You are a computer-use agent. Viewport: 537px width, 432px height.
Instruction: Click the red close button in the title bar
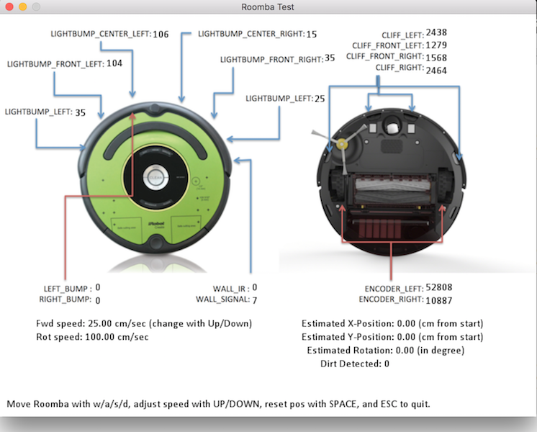[x=9, y=6]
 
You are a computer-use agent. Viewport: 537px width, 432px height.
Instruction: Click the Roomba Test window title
[x=268, y=7]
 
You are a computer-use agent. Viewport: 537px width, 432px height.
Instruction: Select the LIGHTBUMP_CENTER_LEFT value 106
[x=161, y=35]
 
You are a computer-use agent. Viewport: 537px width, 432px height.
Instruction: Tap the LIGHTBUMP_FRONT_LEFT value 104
[x=114, y=64]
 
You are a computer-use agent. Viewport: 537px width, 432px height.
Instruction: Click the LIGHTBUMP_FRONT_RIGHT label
[x=271, y=58]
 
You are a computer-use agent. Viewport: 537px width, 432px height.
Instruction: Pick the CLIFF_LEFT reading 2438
[x=436, y=33]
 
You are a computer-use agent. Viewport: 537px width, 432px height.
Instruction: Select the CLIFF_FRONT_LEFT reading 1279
[x=436, y=46]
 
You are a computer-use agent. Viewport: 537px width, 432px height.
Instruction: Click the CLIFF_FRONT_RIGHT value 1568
[x=436, y=58]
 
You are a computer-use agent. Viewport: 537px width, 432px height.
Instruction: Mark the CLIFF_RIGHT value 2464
[x=436, y=71]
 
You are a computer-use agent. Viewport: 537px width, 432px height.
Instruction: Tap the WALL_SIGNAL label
[x=222, y=300]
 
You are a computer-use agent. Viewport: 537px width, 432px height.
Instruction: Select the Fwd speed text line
[x=144, y=323]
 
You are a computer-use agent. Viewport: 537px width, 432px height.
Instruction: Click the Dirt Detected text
[x=354, y=364]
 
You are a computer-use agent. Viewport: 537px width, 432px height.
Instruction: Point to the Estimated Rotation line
[x=385, y=351]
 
